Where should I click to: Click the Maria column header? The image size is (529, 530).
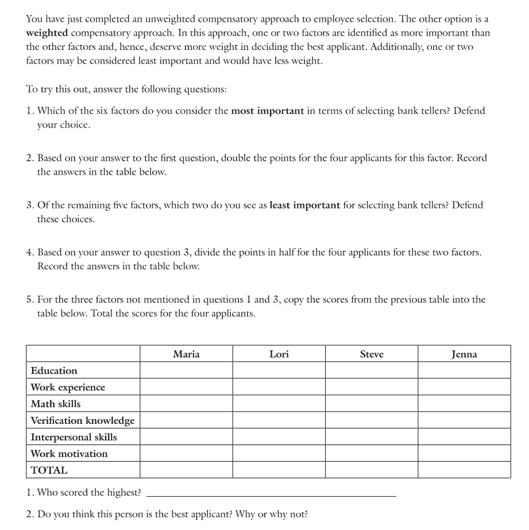(186, 354)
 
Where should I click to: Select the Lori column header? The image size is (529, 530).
(279, 354)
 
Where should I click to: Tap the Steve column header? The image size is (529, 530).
(372, 354)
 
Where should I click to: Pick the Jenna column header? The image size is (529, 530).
(464, 354)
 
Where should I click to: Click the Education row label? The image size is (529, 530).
(54, 370)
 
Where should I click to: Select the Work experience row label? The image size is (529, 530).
(68, 387)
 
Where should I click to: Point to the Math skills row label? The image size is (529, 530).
(56, 404)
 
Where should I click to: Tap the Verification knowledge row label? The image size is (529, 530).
(82, 420)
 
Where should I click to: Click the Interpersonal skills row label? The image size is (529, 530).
(74, 437)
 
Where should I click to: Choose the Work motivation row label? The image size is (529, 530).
(69, 454)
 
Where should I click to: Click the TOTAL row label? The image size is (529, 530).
(49, 470)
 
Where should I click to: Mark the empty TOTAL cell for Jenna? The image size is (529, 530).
(464, 470)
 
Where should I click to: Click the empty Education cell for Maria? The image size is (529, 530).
(186, 370)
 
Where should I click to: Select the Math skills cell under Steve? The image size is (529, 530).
(372, 404)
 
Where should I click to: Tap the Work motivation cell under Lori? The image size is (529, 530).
(279, 454)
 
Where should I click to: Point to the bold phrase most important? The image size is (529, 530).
(267, 111)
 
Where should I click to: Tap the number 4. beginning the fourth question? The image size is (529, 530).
(30, 252)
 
